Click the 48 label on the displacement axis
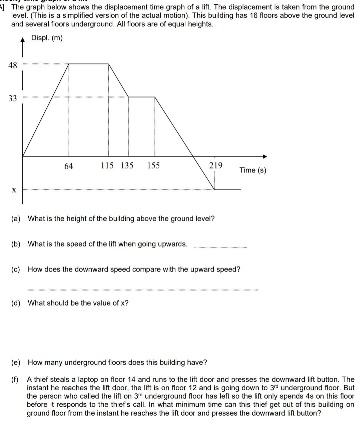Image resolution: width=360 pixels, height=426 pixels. point(12,65)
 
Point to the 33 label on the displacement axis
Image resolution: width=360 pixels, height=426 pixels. point(12,98)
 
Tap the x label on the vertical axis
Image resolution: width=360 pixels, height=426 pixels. point(14,190)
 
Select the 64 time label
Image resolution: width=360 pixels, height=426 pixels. point(68,166)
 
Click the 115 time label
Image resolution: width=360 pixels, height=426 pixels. point(107,165)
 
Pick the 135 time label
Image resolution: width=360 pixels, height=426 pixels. point(127,165)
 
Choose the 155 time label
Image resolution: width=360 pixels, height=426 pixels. point(153,165)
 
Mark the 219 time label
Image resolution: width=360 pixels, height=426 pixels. point(216,165)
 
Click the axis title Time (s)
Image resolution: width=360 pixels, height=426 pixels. point(253,170)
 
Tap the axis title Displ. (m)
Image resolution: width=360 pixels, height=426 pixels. point(47,38)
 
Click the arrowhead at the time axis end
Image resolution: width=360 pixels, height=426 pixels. point(265,156)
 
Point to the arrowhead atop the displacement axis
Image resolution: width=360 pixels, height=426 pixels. point(23,40)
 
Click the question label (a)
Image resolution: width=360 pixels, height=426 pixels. point(16,219)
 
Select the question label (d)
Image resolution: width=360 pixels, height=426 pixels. point(16,303)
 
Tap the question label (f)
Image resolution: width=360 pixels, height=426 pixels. point(15,380)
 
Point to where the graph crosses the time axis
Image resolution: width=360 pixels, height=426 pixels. point(194,156)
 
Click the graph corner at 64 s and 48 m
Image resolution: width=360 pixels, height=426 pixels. point(69,64)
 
